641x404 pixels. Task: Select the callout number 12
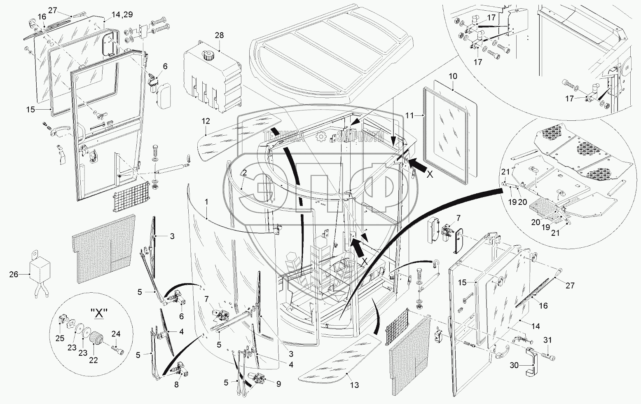pos(206,121)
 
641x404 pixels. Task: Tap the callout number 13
pos(354,385)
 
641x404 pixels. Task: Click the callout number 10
pos(453,76)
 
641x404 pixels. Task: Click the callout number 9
pos(278,384)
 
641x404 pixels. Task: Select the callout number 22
pos(94,360)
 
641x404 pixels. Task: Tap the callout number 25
pos(60,338)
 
